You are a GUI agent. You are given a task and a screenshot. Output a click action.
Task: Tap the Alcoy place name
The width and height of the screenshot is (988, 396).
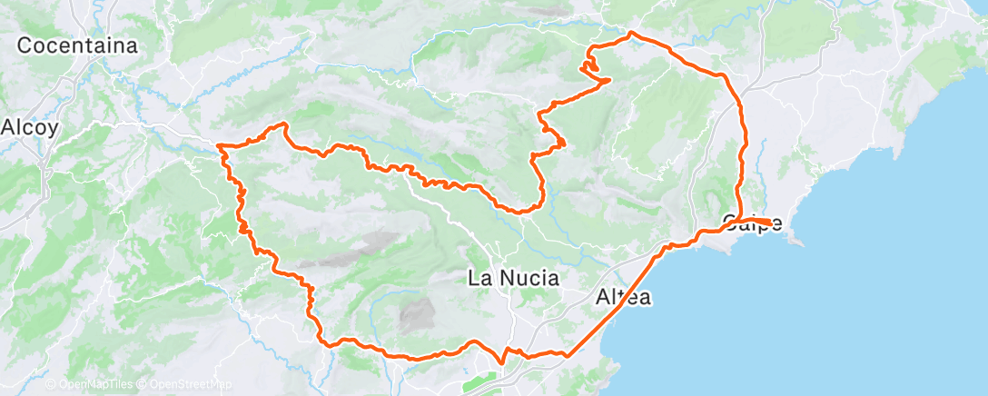(30, 127)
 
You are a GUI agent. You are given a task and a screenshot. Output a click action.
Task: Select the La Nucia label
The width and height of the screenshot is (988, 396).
(513, 278)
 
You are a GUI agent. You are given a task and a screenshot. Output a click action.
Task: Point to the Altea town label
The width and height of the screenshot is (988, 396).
(624, 296)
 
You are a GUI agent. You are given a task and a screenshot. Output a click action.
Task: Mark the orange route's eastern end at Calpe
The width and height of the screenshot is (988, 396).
(770, 222)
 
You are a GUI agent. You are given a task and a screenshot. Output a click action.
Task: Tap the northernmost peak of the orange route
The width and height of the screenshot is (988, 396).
(631, 34)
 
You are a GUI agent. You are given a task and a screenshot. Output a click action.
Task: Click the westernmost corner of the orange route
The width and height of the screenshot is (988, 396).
(219, 145)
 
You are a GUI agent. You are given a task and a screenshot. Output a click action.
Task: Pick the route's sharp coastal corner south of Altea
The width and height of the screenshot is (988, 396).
(568, 354)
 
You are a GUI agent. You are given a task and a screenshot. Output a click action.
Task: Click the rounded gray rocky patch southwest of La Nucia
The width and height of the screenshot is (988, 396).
(417, 315)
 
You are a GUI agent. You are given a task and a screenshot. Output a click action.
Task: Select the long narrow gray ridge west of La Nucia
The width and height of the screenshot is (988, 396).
(350, 250)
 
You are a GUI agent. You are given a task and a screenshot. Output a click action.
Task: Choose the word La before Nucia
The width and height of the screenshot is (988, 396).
(479, 278)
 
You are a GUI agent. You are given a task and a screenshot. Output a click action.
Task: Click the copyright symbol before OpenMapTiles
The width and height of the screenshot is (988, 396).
(52, 384)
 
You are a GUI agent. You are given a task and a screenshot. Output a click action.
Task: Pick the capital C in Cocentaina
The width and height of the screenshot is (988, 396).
(25, 45)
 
